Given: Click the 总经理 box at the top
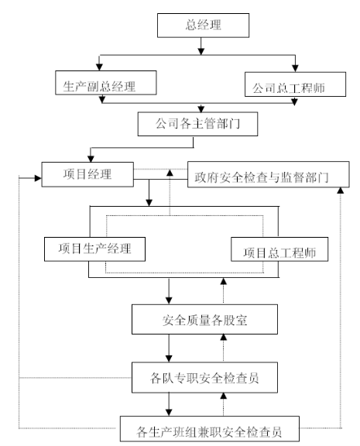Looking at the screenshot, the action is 203,26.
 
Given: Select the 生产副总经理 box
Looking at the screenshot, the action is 106,83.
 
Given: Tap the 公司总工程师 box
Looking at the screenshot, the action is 295,84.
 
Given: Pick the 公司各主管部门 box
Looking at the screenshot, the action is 197,124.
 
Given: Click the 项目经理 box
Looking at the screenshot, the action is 87,174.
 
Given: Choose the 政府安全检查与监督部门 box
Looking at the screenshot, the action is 269,174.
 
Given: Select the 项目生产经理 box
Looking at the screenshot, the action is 94,249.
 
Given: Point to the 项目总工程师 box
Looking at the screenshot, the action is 279,249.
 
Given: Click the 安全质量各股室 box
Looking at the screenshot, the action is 204,319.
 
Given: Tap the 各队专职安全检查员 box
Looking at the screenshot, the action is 204,377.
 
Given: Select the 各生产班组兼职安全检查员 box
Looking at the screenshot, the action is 210,429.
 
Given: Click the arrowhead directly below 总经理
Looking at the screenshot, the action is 201,51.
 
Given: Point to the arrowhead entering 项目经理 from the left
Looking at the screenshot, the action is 38,178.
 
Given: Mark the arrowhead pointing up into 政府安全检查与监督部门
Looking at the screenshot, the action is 341,190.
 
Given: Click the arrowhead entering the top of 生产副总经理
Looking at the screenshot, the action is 99,67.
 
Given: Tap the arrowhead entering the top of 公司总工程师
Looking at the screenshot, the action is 295,68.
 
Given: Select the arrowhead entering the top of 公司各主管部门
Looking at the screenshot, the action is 201,108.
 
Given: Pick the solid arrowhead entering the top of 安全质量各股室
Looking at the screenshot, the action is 169,300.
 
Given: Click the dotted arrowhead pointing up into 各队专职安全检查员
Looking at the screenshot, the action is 224,396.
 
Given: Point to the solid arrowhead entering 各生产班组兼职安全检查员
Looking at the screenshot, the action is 169,413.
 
